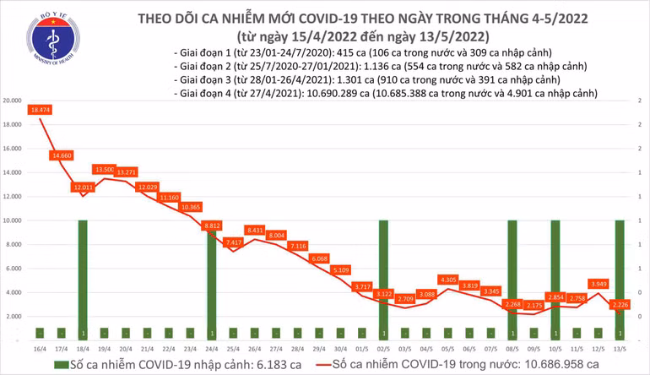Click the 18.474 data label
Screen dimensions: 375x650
pos(40,111)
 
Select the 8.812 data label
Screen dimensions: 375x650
pos(211,226)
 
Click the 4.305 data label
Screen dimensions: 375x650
pos(447,280)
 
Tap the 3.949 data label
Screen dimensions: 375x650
pos(598,284)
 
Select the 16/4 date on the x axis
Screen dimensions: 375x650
pos(40,347)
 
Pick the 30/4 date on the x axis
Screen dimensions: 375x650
pos(339,347)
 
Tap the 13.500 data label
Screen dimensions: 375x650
pos(104,169)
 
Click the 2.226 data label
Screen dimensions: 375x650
pos(620,304)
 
